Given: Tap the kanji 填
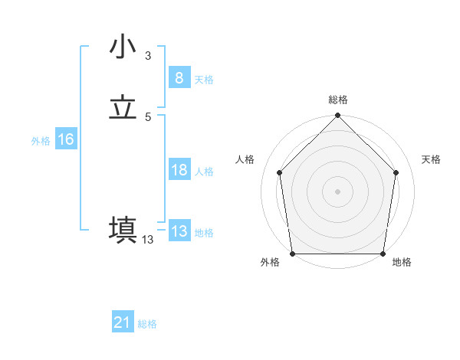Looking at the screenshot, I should pyautogui.click(x=123, y=231).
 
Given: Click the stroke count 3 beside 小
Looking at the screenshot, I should pyautogui.click(x=147, y=55).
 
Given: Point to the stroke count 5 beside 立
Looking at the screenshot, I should pyautogui.click(x=147, y=116).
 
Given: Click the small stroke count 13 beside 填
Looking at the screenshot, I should pyautogui.click(x=147, y=240).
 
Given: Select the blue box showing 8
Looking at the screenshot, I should pyautogui.click(x=179, y=78).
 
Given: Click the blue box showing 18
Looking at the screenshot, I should pyautogui.click(x=179, y=170).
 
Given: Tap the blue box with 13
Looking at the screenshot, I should pyautogui.click(x=179, y=231).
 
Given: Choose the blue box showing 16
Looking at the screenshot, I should pyautogui.click(x=65, y=139).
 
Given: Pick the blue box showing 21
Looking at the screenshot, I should pyautogui.click(x=123, y=323).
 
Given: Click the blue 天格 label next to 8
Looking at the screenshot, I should pyautogui.click(x=204, y=80).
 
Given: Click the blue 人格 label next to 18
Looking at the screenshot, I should pyautogui.click(x=204, y=172).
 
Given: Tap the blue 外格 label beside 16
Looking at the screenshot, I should pyautogui.click(x=41, y=141).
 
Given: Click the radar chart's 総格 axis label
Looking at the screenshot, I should pyautogui.click(x=338, y=100).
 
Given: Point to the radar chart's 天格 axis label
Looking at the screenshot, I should pyautogui.click(x=432, y=159).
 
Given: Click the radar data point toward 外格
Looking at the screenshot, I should pyautogui.click(x=292, y=254).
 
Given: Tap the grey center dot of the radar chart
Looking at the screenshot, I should pyautogui.click(x=338, y=191).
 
